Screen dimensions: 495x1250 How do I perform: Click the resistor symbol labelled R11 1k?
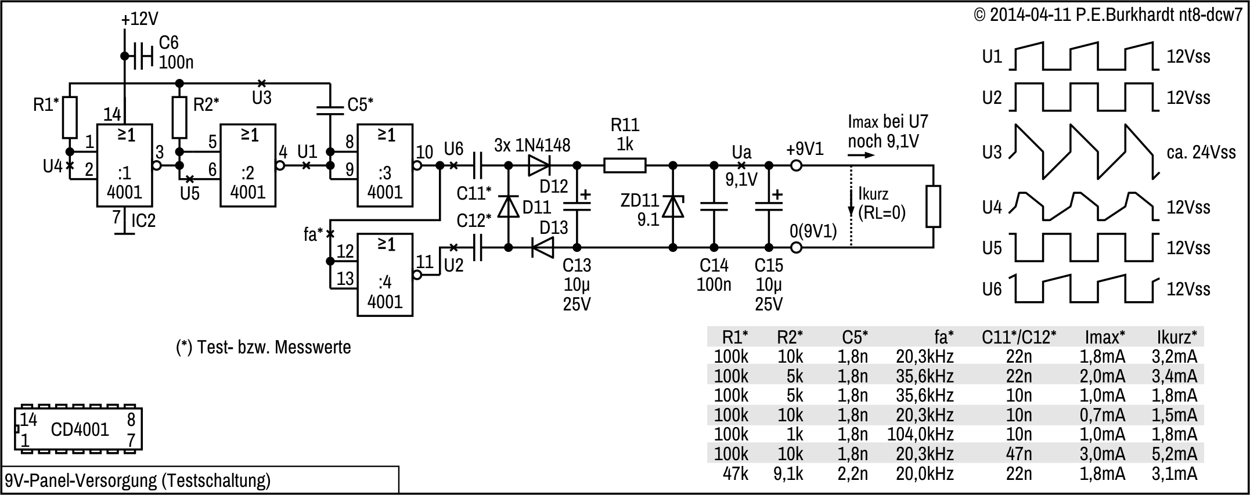(x=625, y=166)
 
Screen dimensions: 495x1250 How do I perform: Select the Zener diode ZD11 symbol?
(x=673, y=207)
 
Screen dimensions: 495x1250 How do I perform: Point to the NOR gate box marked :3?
(x=385, y=165)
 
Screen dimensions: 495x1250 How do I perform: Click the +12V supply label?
(x=140, y=19)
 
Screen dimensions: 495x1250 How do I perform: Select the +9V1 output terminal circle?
(x=797, y=166)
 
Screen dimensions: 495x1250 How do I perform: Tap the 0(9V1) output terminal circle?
(x=797, y=248)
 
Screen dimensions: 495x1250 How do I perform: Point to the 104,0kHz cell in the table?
(x=920, y=434)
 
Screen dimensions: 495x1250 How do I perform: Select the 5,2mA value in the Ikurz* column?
(x=1174, y=454)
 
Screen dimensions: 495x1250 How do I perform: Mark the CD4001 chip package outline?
(x=78, y=429)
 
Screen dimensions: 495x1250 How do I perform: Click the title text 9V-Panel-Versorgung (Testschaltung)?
(x=138, y=480)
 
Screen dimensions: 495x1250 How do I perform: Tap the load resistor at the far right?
(x=933, y=207)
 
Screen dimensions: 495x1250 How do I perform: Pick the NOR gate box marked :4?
(x=385, y=274)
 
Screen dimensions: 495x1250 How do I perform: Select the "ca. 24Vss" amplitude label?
(x=1201, y=153)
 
